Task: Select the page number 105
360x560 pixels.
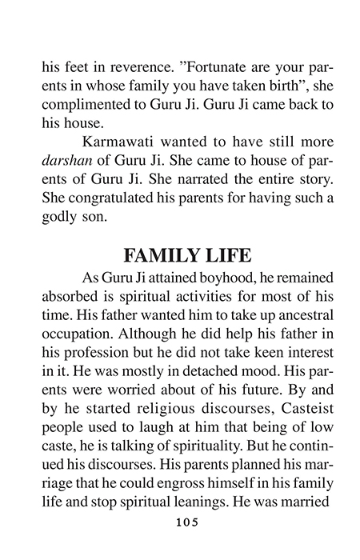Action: pyautogui.click(x=180, y=521)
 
